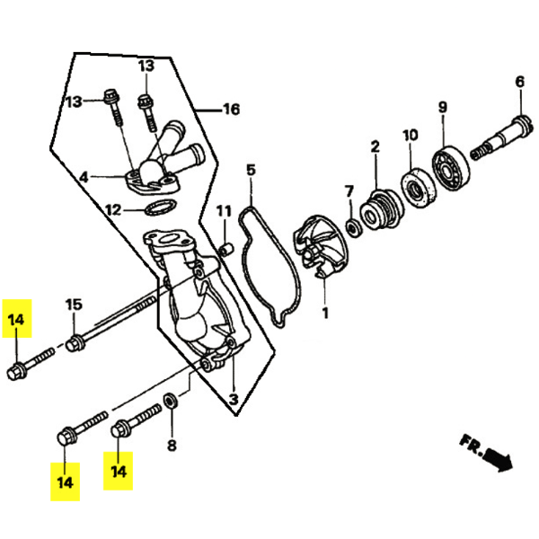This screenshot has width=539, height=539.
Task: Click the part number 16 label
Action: pyautogui.click(x=232, y=110)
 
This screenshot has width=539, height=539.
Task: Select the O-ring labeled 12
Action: pyautogui.click(x=161, y=208)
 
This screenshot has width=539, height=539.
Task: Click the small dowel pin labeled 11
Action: pyautogui.click(x=226, y=249)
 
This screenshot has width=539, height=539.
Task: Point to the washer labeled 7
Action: pyautogui.click(x=353, y=228)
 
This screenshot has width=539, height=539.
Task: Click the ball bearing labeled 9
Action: pyautogui.click(x=451, y=169)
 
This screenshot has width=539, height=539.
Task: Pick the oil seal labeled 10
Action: pyautogui.click(x=419, y=188)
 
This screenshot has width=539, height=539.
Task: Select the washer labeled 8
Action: pyautogui.click(x=171, y=401)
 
